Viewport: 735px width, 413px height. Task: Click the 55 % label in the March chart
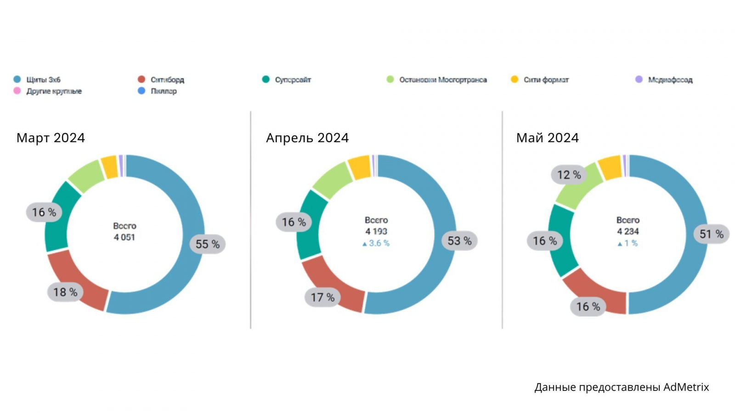[x=208, y=244]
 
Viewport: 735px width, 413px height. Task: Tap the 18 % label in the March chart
[x=65, y=292]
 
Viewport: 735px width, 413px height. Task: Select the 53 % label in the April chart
[x=459, y=241]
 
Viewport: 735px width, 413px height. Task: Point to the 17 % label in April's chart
[x=322, y=298]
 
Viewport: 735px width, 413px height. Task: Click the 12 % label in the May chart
[x=569, y=175]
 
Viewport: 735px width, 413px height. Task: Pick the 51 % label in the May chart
[x=711, y=234]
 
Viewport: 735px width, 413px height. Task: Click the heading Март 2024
[x=51, y=138]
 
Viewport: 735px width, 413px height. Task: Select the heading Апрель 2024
[x=307, y=138]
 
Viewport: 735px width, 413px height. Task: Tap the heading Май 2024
[x=547, y=138]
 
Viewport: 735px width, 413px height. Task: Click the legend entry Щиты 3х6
[x=43, y=80]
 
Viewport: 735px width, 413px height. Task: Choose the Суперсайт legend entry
[x=293, y=80]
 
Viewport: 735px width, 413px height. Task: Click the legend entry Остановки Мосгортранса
[x=443, y=80]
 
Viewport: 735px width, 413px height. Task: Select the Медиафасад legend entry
[x=670, y=80]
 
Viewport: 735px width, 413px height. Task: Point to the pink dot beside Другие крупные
[x=17, y=91]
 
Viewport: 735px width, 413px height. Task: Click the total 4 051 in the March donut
[x=124, y=237]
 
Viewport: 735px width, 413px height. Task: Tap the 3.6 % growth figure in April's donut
[x=379, y=243]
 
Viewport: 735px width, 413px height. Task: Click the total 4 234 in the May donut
[x=628, y=232]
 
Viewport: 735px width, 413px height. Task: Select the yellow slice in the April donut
[x=360, y=167]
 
